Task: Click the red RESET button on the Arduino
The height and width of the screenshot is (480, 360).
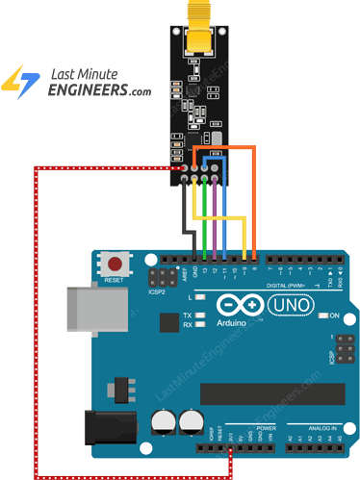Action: point(117,263)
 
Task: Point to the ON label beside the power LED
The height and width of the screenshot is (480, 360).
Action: point(335,316)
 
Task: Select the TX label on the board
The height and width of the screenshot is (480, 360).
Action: point(198,315)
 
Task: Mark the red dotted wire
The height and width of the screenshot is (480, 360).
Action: point(36,317)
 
